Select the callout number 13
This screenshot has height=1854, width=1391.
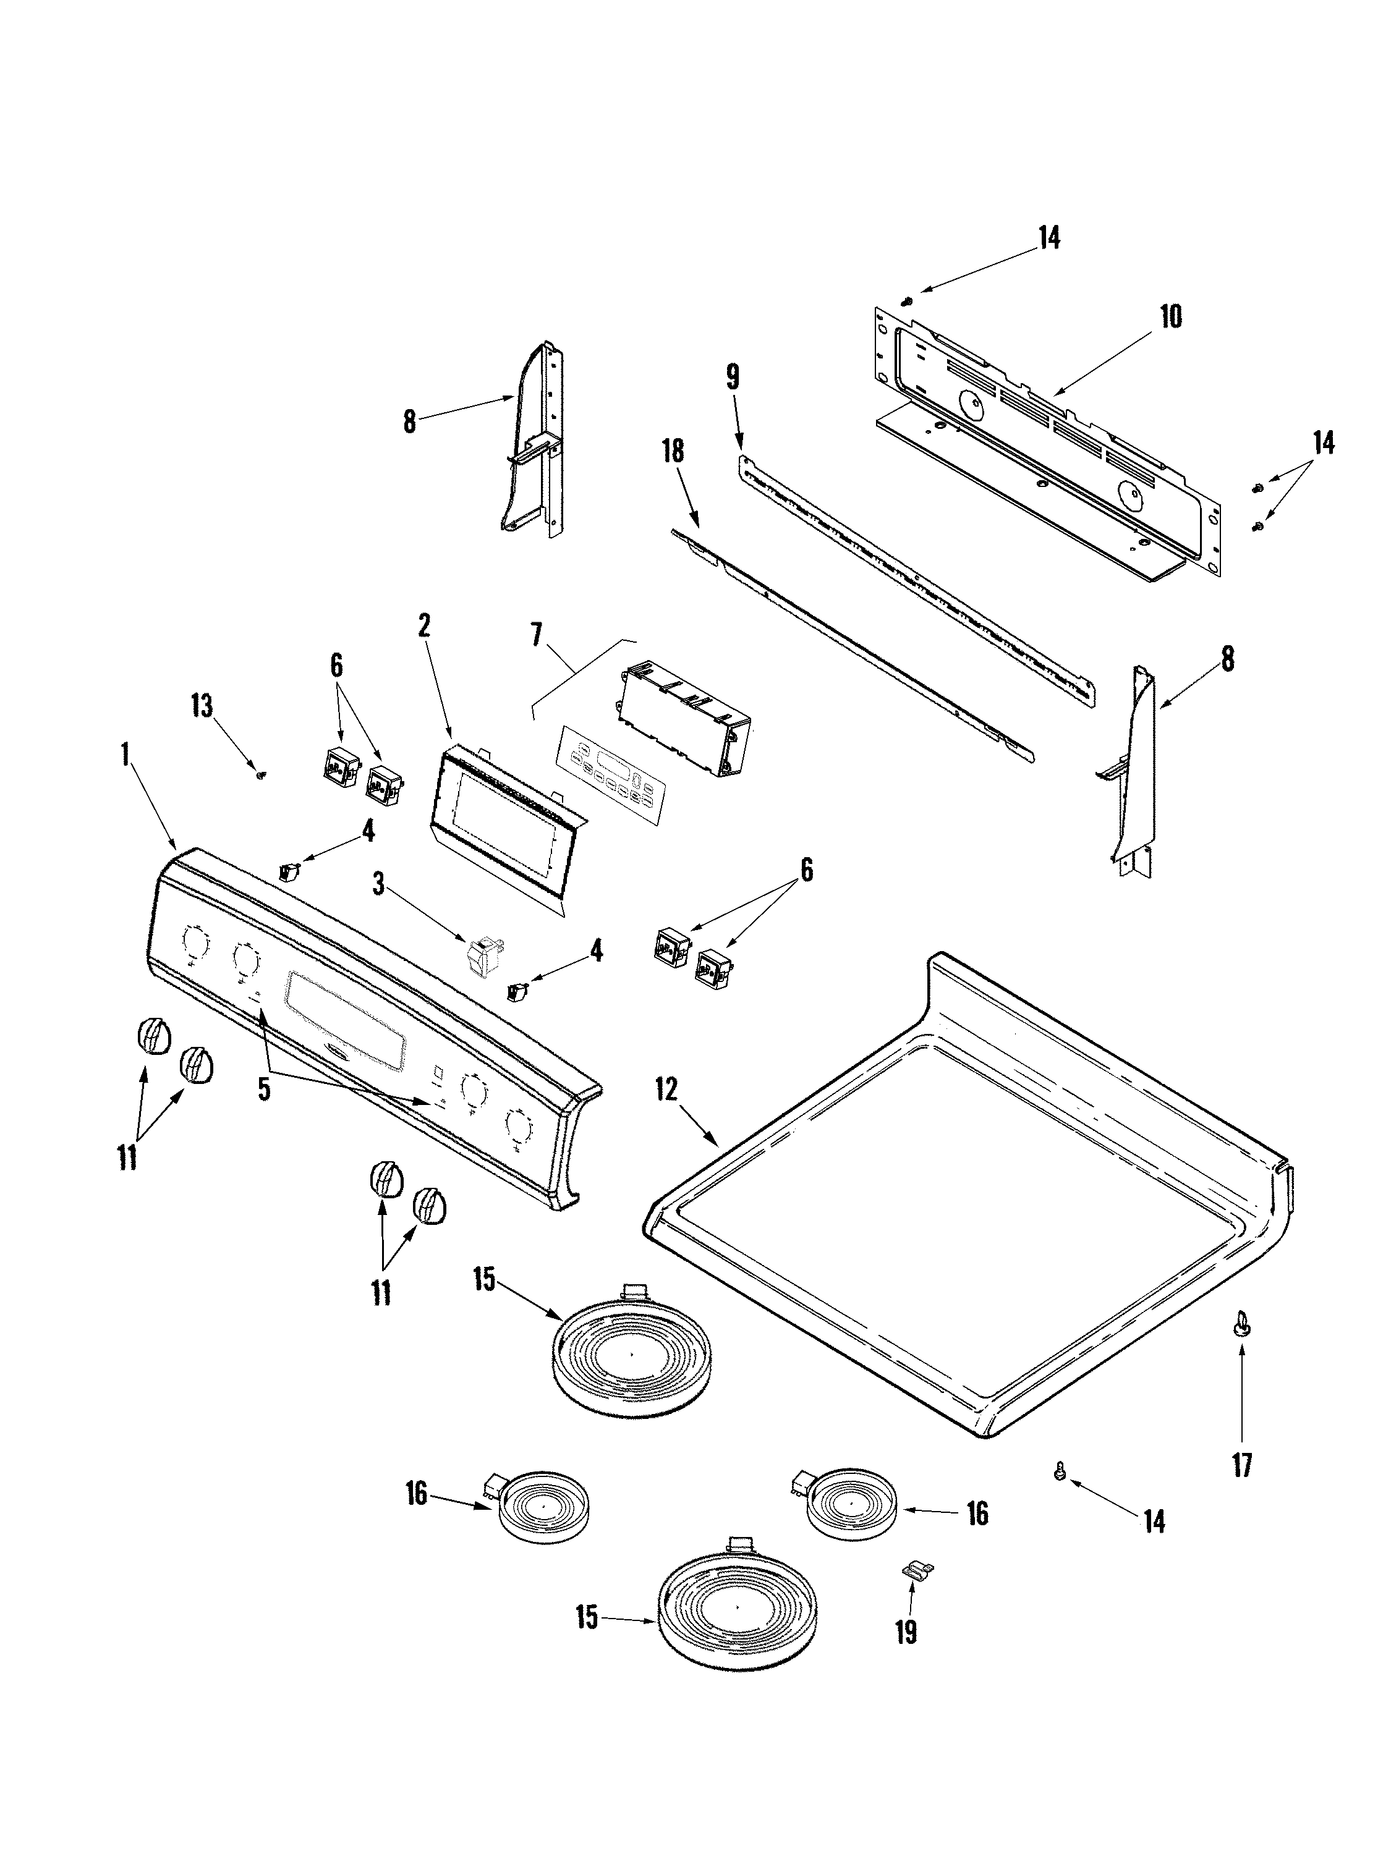(201, 706)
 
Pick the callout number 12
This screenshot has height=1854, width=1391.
(666, 1090)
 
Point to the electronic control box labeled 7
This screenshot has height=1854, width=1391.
(683, 721)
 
